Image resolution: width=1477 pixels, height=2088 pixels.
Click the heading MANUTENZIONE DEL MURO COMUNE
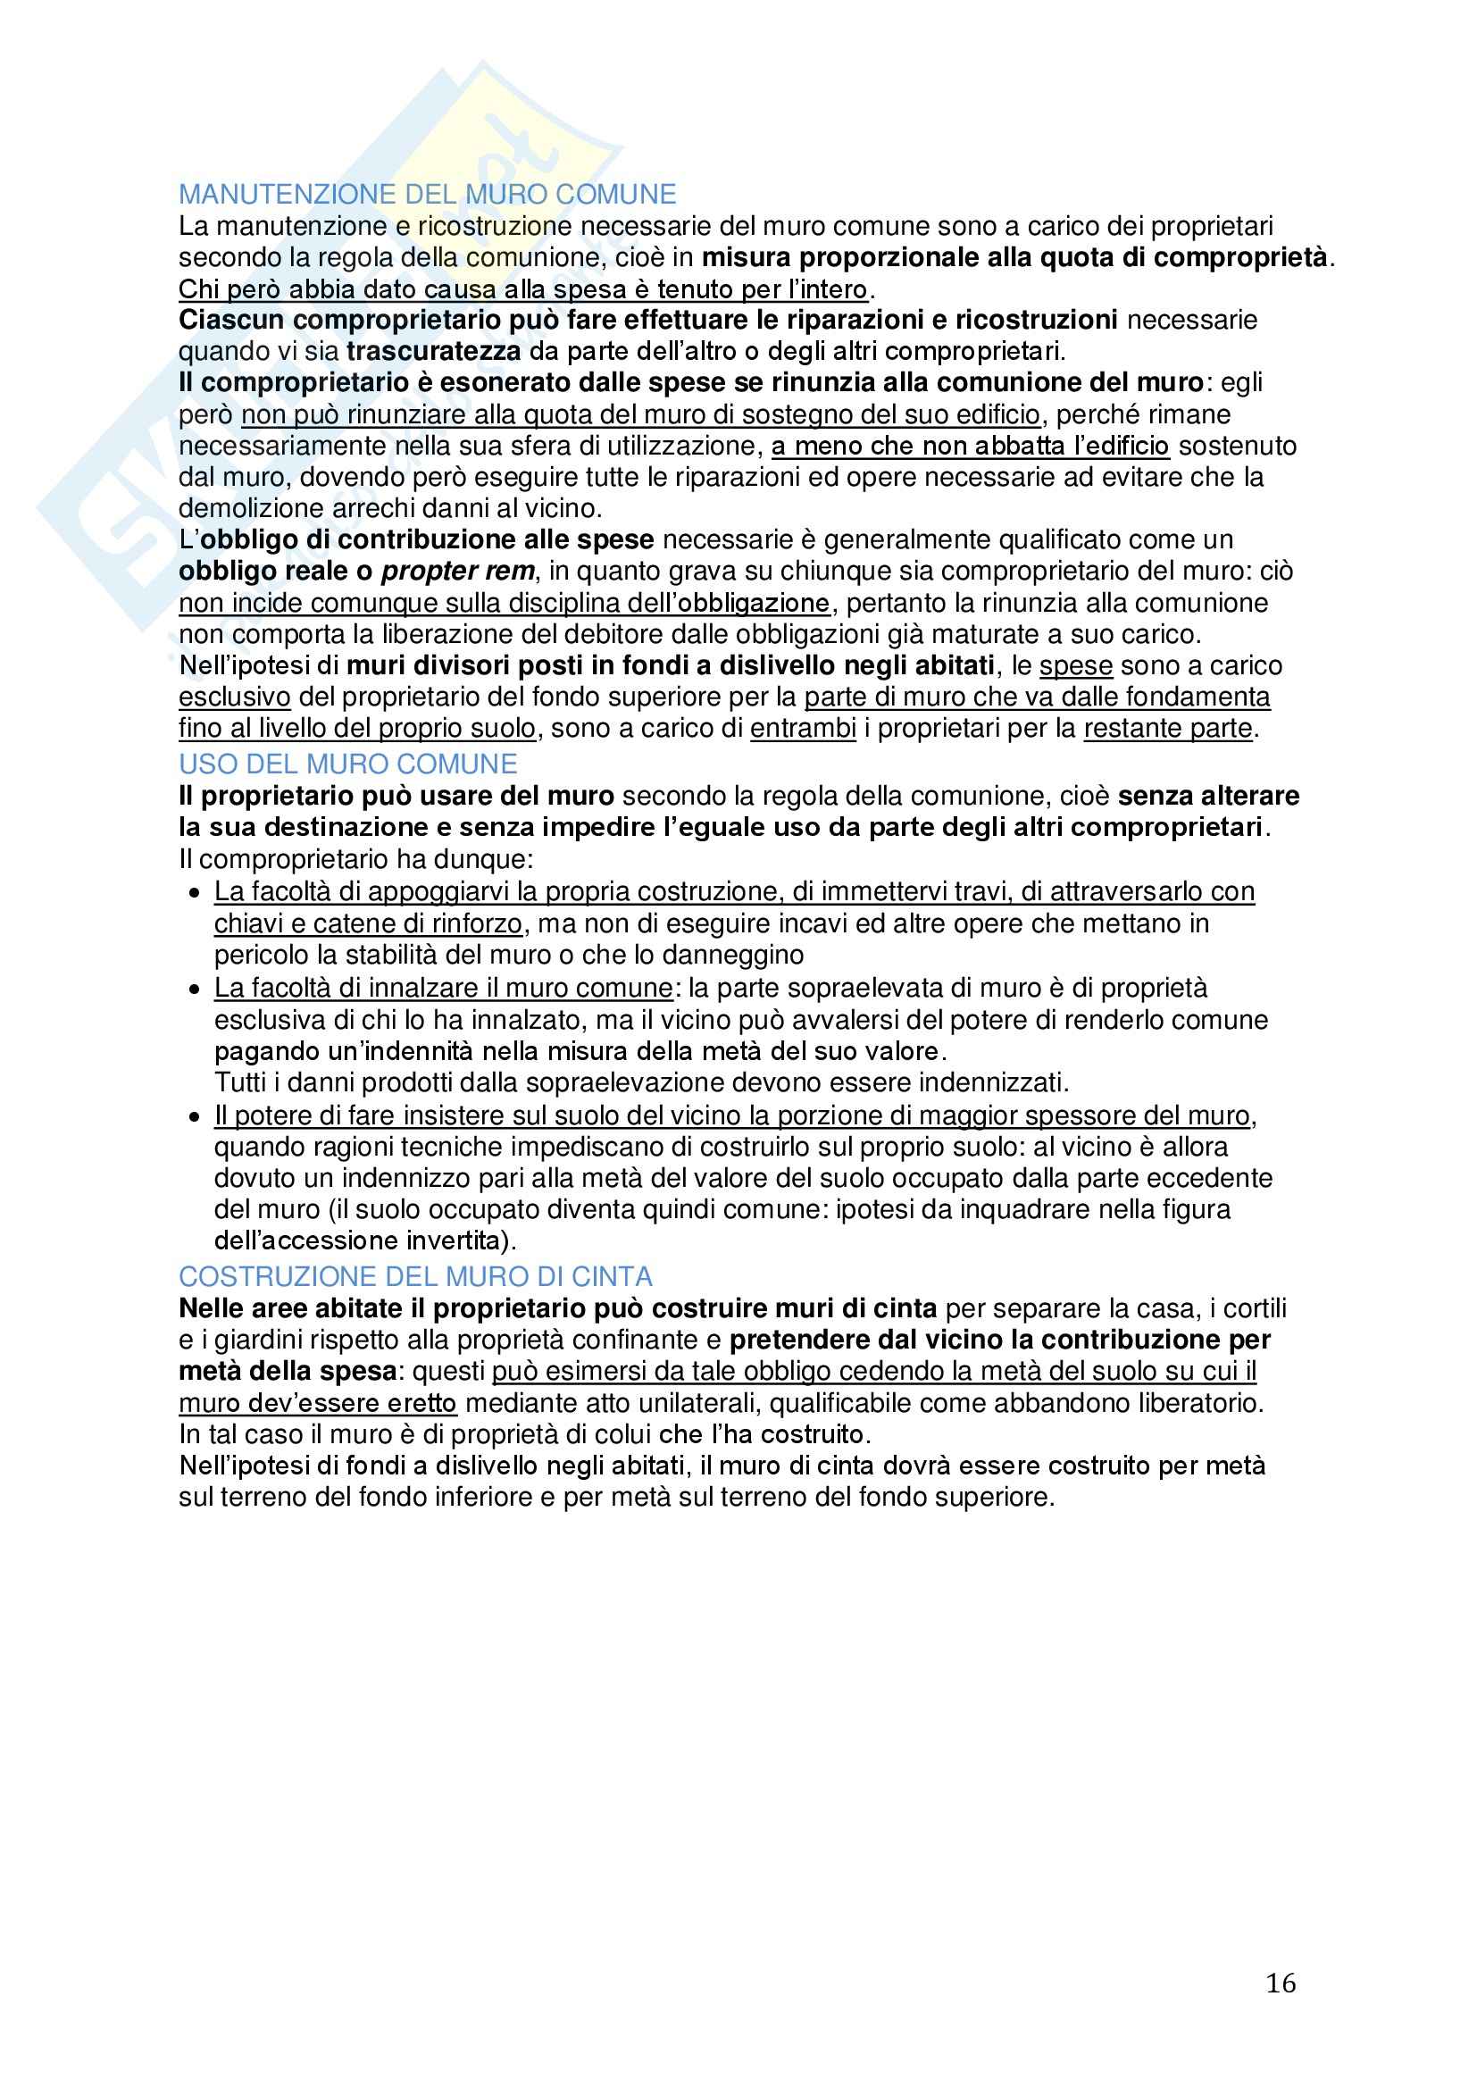(x=428, y=195)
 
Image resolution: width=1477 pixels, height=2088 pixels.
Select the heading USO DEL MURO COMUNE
(x=347, y=764)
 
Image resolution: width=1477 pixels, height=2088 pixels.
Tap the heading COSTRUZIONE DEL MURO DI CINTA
(x=415, y=1277)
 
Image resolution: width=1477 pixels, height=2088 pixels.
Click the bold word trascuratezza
(x=434, y=351)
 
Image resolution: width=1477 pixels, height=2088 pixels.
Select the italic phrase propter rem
(x=457, y=571)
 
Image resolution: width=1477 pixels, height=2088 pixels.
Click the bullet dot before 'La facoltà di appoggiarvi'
(x=194, y=894)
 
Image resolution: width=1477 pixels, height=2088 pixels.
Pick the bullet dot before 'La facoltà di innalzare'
(x=194, y=990)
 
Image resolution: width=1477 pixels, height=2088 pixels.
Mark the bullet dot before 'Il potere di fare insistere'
(x=194, y=1117)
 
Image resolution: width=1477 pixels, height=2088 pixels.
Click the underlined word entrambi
(x=803, y=729)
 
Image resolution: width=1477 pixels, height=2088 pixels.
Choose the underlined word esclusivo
(x=235, y=697)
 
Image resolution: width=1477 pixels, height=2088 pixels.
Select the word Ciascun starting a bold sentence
(x=232, y=320)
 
